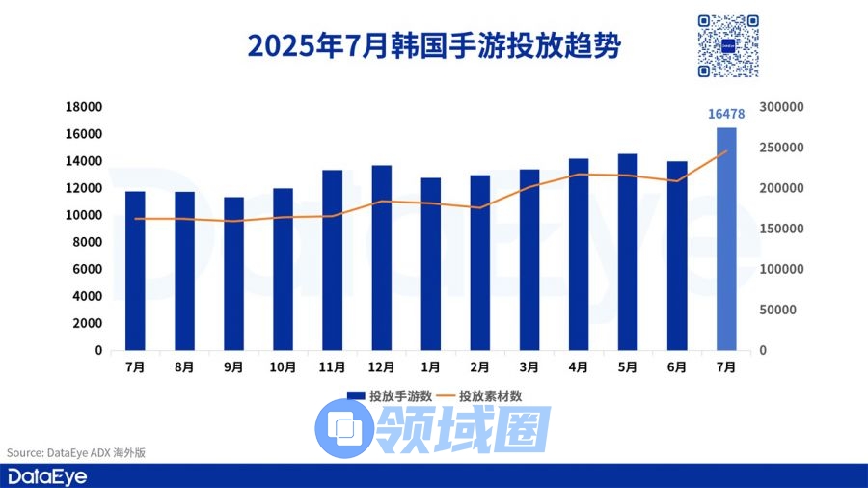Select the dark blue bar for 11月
(x=332, y=260)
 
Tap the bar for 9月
(x=233, y=274)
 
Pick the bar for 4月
(x=579, y=255)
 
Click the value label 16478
(x=726, y=114)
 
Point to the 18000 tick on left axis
(x=85, y=107)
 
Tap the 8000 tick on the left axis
(x=88, y=243)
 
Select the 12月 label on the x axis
(x=381, y=367)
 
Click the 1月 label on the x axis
(x=430, y=367)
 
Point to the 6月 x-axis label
(x=677, y=367)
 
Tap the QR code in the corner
(x=728, y=45)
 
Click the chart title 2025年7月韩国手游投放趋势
(x=434, y=45)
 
